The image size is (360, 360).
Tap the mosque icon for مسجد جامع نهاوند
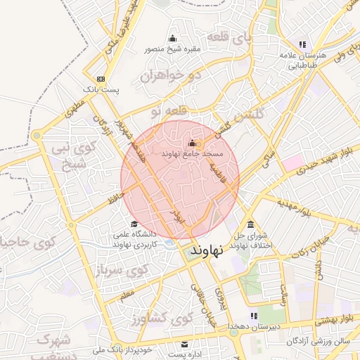(x=192, y=143)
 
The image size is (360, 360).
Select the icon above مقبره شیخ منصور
(x=173, y=39)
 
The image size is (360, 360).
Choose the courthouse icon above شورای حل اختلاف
(x=251, y=224)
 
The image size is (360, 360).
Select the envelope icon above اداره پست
(x=185, y=345)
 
